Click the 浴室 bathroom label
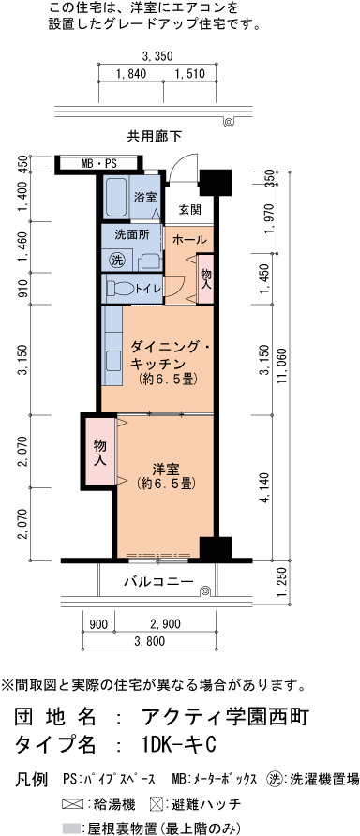tap(145, 197)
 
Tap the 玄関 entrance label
tap(189, 210)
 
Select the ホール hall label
tap(188, 239)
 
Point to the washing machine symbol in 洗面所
tap(116, 261)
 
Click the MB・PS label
tap(98, 164)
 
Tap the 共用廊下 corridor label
tap(154, 137)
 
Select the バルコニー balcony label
tap(158, 582)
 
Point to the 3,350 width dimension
tap(157, 55)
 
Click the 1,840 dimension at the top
tap(130, 74)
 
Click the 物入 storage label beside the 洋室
tap(98, 452)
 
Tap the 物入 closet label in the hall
tap(206, 279)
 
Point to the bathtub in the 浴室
tap(114, 196)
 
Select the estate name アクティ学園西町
tap(222, 717)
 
